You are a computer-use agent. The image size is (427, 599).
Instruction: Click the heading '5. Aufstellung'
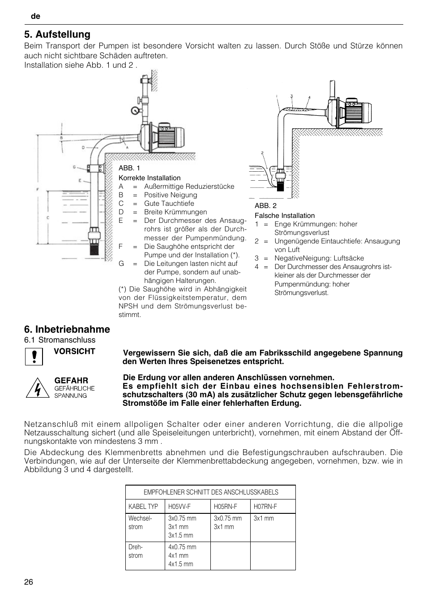point(57,35)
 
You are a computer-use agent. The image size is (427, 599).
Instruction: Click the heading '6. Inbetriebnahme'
point(67,330)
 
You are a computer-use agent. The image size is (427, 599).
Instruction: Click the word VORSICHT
point(75,352)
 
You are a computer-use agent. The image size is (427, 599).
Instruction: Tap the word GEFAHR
point(71,381)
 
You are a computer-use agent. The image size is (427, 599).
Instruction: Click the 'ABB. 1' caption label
point(129,168)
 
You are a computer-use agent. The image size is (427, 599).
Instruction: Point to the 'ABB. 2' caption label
point(265,206)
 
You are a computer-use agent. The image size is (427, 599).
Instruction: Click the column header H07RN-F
point(265,507)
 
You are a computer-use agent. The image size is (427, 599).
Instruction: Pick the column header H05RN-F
point(225,507)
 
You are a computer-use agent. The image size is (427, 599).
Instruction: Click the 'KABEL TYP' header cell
point(143,507)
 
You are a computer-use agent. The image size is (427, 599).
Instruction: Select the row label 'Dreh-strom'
point(136,551)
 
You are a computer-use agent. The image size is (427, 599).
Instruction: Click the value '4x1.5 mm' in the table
point(181,564)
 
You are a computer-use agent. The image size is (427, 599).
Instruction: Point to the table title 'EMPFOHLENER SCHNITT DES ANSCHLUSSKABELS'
point(211,492)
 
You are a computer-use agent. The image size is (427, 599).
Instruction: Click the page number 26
point(29,582)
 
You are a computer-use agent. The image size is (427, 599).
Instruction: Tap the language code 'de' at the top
point(36,16)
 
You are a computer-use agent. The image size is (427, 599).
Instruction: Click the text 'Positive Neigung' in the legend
point(171,195)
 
